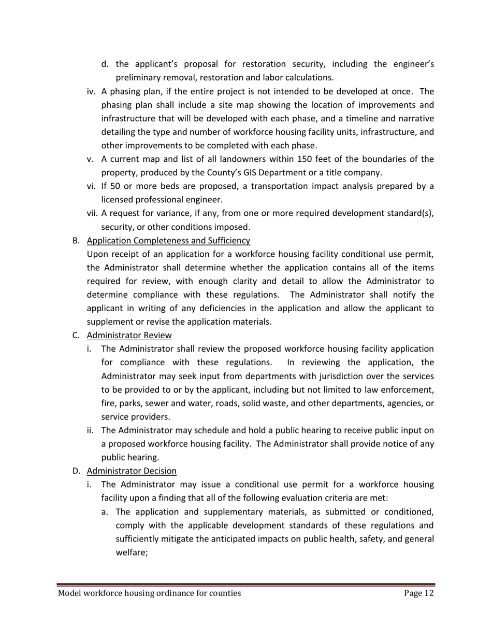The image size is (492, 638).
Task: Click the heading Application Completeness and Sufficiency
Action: pyautogui.click(x=168, y=241)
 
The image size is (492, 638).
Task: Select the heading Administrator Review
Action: pyautogui.click(x=129, y=335)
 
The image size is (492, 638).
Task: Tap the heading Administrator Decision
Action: pyautogui.click(x=132, y=471)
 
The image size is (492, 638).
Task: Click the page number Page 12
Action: pyautogui.click(x=418, y=593)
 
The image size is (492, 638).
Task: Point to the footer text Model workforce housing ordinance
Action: pyautogui.click(x=149, y=593)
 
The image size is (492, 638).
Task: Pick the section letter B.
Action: pyautogui.click(x=76, y=241)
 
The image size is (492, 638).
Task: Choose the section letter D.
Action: pyautogui.click(x=76, y=471)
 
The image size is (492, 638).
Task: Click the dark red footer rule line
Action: pyautogui.click(x=246, y=584)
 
